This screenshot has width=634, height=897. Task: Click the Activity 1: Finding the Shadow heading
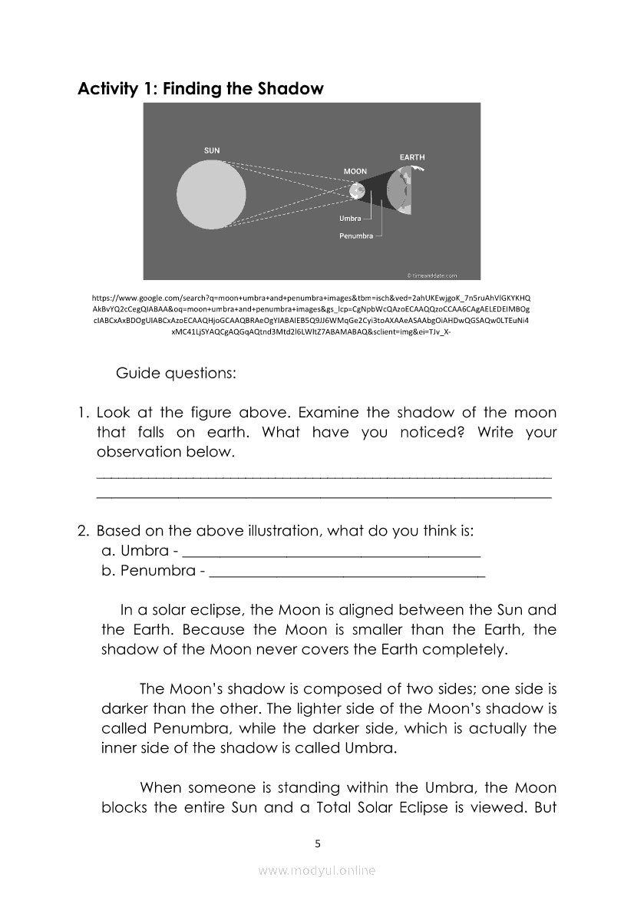tap(200, 89)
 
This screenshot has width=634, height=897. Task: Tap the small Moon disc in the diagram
tap(355, 190)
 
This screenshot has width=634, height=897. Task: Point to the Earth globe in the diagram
tap(405, 190)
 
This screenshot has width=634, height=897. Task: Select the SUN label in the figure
tap(211, 150)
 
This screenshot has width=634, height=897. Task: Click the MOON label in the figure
tap(355, 171)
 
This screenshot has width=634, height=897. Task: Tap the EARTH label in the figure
tap(411, 157)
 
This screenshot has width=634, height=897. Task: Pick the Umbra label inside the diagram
tap(350, 219)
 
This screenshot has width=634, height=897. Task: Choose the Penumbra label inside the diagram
tap(356, 236)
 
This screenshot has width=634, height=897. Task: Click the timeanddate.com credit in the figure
tap(431, 275)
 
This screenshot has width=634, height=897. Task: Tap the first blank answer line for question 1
tap(324, 476)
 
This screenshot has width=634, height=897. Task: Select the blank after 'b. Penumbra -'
tap(347, 572)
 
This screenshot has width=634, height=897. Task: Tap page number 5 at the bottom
tap(317, 843)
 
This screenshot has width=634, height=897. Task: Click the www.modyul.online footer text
tap(317, 871)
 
